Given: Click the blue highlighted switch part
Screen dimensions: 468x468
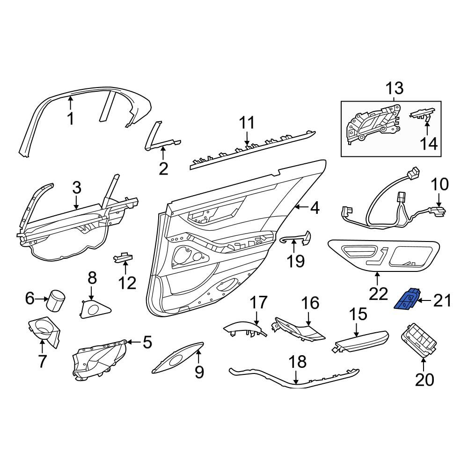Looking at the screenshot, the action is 407,299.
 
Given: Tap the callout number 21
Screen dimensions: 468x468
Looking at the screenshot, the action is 442,300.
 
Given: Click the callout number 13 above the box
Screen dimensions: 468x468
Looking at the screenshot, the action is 395,88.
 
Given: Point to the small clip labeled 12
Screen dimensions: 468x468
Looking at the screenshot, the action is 123,256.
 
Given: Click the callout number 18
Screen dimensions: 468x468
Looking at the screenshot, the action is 298,362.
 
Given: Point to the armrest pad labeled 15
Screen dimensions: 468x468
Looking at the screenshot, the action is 360,341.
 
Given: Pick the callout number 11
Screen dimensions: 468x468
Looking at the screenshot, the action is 247,122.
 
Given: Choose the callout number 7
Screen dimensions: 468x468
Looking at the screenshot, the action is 42,361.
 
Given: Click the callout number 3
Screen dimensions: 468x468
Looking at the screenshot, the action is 77,188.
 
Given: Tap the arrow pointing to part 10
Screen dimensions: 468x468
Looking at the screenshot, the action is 439,200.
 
